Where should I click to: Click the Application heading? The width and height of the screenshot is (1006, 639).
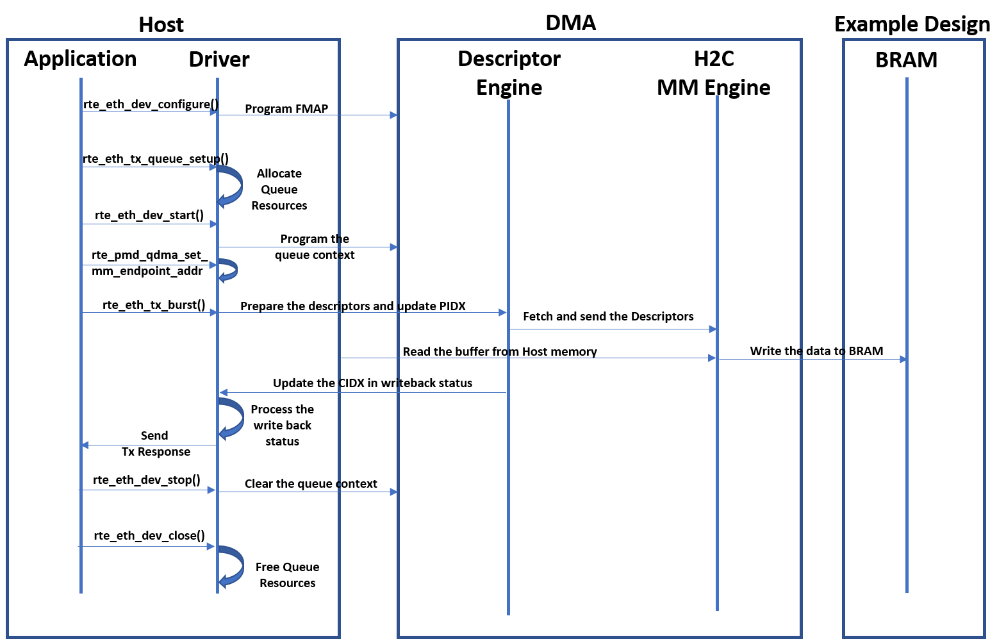(x=80, y=59)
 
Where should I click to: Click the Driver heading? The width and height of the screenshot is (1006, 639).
(x=219, y=60)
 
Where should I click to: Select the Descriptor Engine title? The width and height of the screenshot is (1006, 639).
(x=509, y=72)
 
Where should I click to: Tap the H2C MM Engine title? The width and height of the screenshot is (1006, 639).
(x=713, y=72)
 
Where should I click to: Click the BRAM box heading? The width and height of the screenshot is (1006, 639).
(x=906, y=60)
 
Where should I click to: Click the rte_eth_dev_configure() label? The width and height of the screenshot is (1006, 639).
(x=151, y=104)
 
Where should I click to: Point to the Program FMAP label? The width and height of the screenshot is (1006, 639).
(x=286, y=108)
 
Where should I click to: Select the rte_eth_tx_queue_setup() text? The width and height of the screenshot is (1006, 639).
(x=155, y=158)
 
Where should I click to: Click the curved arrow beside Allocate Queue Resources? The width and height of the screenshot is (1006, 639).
(x=231, y=186)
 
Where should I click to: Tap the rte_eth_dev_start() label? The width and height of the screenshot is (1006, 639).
(x=149, y=215)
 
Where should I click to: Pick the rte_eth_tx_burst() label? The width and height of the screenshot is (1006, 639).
(x=154, y=304)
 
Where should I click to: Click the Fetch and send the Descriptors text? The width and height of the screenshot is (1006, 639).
(x=608, y=316)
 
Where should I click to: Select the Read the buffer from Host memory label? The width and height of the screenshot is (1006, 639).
(x=500, y=351)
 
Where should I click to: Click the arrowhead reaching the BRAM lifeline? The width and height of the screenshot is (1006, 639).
(x=903, y=360)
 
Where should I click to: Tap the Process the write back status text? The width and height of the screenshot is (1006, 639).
(x=282, y=425)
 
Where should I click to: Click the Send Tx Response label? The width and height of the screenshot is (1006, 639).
(x=155, y=444)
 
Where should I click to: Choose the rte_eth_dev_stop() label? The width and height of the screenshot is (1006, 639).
(x=146, y=479)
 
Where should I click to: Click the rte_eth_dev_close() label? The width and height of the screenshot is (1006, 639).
(x=149, y=535)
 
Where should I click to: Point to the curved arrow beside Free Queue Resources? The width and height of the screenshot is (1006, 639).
(x=231, y=567)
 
